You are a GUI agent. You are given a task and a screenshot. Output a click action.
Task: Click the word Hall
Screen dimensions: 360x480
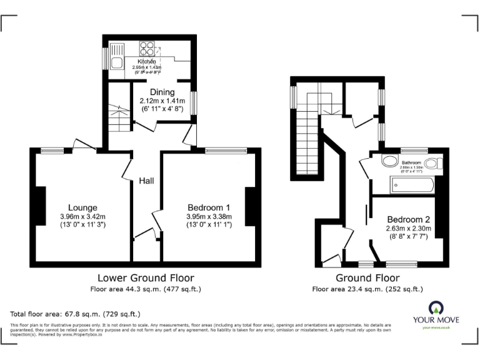(x=147, y=181)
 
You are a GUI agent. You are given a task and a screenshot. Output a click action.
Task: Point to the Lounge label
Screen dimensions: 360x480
(x=83, y=207)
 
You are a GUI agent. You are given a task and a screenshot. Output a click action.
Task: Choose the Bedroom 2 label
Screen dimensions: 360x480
(x=409, y=219)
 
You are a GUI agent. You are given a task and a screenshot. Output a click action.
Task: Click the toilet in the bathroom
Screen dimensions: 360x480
(x=439, y=164)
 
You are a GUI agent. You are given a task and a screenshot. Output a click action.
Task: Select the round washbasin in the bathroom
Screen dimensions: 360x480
(x=389, y=162)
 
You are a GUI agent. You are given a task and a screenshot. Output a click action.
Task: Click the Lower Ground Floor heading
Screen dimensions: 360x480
(x=146, y=277)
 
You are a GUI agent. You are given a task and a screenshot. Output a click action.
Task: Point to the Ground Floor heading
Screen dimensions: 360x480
(x=367, y=277)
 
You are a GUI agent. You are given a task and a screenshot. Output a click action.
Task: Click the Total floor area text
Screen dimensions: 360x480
(x=76, y=314)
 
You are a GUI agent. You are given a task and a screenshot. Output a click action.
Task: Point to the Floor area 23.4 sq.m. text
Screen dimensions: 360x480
(x=367, y=289)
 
